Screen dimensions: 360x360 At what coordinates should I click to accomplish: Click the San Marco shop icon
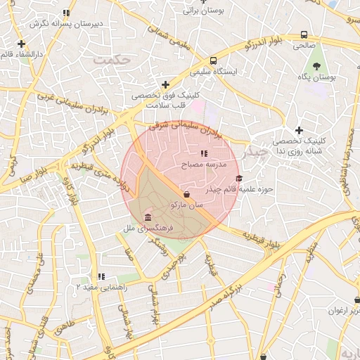[186, 194]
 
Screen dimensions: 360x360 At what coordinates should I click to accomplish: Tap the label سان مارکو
[186, 205]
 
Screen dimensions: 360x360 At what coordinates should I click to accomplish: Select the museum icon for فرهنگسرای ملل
[147, 217]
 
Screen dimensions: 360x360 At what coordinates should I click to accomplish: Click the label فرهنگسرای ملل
[143, 228]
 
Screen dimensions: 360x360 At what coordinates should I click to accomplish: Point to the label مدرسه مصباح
[205, 164]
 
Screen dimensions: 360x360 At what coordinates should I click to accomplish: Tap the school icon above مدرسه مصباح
[205, 153]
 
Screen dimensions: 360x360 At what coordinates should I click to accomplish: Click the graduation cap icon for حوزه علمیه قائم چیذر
[238, 179]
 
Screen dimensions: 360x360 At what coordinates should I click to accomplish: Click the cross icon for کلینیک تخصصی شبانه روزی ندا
[300, 130]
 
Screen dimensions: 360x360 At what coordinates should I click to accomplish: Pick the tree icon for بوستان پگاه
[318, 65]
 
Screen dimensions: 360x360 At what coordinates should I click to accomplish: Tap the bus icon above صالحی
[304, 34]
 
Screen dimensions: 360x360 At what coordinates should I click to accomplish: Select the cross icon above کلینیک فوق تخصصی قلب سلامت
[165, 84]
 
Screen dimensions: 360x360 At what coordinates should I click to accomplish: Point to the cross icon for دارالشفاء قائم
[22, 44]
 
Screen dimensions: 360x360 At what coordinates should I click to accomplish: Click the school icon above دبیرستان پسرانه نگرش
[66, 13]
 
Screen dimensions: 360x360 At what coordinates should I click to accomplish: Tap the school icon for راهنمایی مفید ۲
[102, 276]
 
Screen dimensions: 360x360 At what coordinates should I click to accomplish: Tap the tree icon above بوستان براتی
[204, 2]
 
